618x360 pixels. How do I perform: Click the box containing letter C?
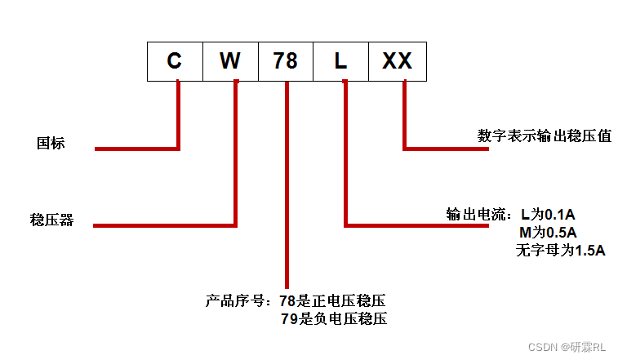[x=175, y=61]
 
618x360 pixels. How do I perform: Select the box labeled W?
[x=230, y=61]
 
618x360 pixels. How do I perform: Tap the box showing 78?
[x=286, y=61]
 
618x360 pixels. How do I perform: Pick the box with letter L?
[x=341, y=61]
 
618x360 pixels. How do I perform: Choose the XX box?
[x=397, y=61]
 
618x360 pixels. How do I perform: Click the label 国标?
[x=51, y=143]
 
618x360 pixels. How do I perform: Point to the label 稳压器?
[x=51, y=220]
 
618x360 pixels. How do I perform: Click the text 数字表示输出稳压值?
[x=545, y=136]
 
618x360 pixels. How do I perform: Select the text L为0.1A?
[x=548, y=216]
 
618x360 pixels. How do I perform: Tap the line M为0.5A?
[x=548, y=233]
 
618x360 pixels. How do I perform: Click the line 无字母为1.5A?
[x=560, y=251]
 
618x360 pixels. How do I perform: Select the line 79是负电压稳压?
[x=333, y=318]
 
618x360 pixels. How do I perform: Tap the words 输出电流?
[x=476, y=216]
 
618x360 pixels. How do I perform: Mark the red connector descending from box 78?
[x=287, y=188]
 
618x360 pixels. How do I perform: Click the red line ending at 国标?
[x=137, y=149]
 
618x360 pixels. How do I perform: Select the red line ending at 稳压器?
[x=163, y=224]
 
